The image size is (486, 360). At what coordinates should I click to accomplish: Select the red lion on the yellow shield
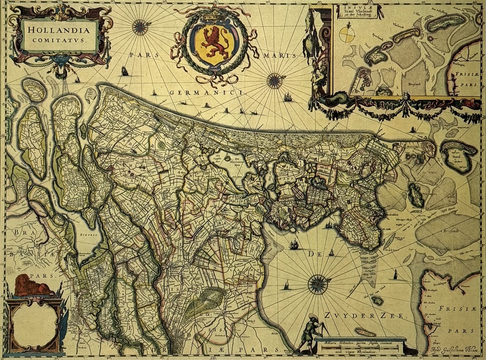click(212, 43)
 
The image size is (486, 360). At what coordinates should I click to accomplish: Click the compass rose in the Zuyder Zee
click(317, 283)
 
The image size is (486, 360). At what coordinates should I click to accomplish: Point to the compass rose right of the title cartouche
click(140, 26)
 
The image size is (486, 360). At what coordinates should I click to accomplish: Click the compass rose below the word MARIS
click(275, 81)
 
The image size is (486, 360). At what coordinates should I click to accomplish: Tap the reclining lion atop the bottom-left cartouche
click(32, 285)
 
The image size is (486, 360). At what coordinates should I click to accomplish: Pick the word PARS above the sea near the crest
click(142, 55)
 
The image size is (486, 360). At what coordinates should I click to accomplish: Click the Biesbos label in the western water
click(89, 236)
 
